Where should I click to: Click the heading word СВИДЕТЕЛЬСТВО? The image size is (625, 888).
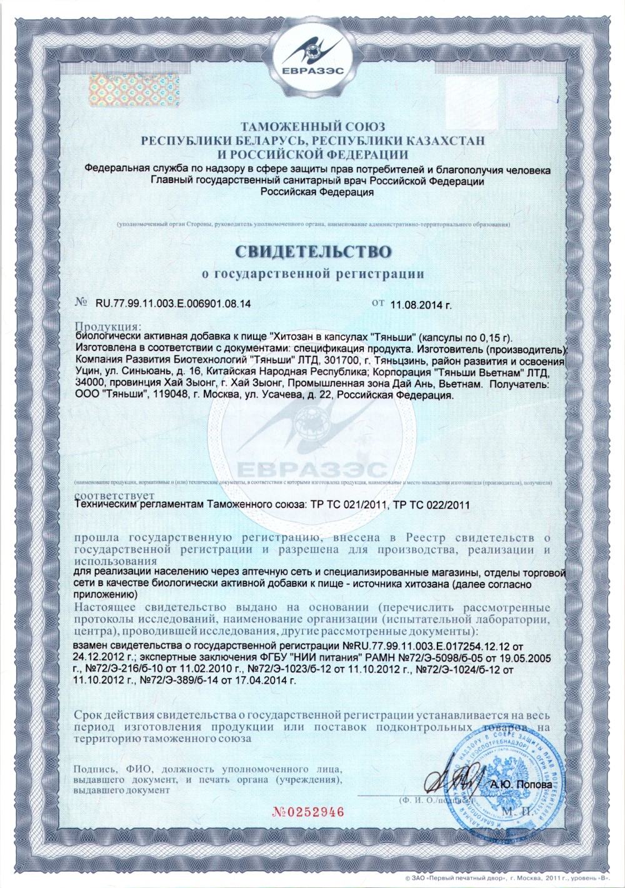pos(313,251)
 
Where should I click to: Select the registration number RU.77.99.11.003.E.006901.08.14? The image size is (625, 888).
pos(172,304)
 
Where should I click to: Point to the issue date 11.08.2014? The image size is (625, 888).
pos(420,305)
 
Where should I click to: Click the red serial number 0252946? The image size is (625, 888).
pos(308,812)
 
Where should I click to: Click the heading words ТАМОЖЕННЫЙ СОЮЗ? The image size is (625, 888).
pos(312,127)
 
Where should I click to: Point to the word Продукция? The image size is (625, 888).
pos(107,326)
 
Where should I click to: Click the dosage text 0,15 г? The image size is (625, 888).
pos(492,338)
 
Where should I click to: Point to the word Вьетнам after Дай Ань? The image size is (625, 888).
pos(460,384)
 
